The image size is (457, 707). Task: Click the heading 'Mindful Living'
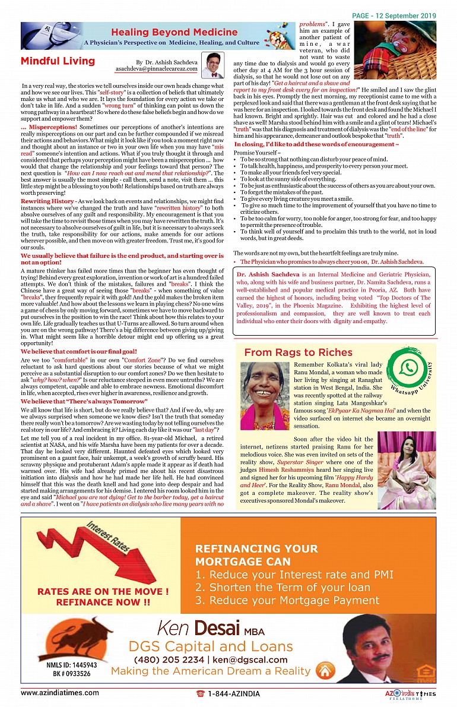[x=58, y=61]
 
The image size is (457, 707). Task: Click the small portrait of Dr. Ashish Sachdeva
[x=211, y=65]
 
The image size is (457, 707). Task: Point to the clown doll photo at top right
[x=395, y=51]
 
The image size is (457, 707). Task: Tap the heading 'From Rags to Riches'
[x=290, y=352]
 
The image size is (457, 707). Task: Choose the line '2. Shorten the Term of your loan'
[x=283, y=588]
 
